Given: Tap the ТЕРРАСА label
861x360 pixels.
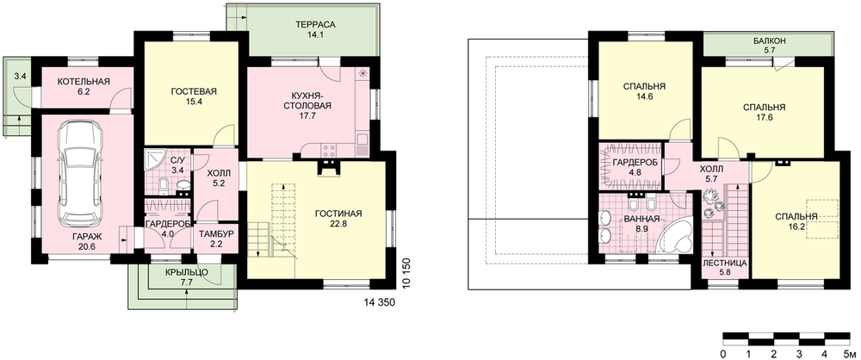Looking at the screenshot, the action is (314, 25).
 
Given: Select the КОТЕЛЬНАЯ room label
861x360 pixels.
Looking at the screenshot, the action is (84, 82).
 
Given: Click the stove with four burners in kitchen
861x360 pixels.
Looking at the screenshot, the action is (328, 148).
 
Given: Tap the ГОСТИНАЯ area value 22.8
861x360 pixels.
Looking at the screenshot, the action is (338, 224).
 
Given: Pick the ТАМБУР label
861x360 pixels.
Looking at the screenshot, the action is (216, 233).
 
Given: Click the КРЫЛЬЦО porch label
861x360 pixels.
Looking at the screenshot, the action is (186, 273).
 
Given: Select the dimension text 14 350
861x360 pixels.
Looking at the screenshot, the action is (380, 301).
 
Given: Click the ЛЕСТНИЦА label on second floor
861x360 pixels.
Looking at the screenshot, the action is (724, 264).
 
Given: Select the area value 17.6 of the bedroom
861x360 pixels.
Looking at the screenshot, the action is (763, 116).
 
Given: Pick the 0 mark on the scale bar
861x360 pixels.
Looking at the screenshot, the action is (724, 352).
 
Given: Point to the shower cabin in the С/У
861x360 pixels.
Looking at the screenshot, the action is (155, 158).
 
